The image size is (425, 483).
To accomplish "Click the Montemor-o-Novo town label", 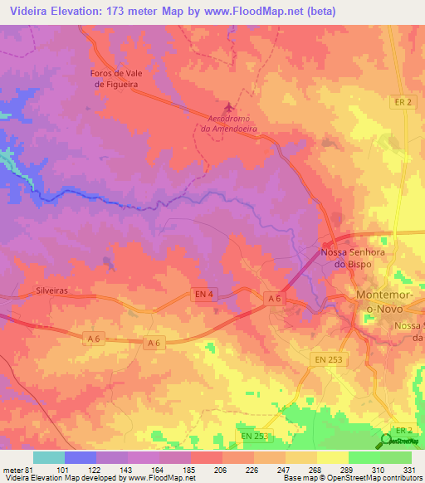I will point(383,301).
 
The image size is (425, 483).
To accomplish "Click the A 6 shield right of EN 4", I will point(275,298).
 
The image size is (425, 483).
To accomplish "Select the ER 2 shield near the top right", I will point(402,100).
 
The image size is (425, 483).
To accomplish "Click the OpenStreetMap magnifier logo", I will point(388,441).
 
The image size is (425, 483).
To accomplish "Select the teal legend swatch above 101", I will point(48,457).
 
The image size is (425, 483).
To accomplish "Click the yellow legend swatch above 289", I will point(332,457).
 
